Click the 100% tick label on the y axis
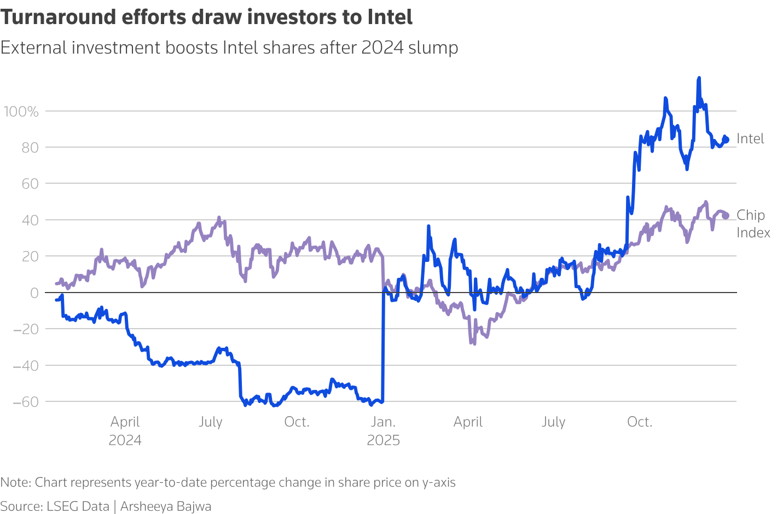21,112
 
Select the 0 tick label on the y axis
34,293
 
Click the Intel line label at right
750,139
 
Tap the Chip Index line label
753,224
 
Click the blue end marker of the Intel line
726,140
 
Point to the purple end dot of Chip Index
726,216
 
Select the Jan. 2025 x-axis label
383,431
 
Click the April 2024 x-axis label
125,431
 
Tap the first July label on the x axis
211,422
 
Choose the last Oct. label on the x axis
640,422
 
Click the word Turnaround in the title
57,17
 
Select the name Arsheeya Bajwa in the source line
166,506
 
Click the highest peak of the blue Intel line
699,79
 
